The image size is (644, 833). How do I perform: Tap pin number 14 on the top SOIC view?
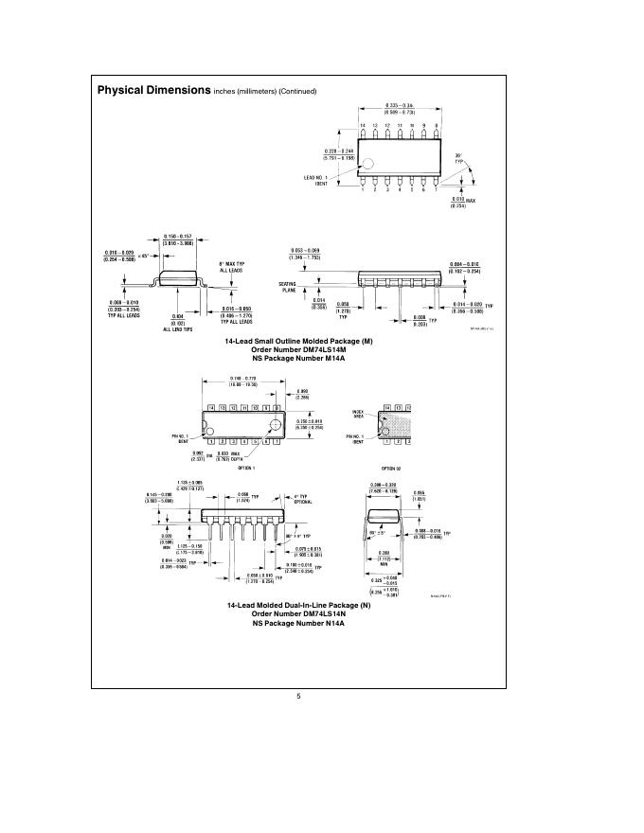362,126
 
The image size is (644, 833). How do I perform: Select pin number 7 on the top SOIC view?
436,189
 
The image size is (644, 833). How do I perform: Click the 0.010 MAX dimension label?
464,202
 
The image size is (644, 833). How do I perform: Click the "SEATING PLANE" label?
289,288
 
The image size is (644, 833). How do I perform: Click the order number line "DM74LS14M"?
298,350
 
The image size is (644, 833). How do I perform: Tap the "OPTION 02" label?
391,468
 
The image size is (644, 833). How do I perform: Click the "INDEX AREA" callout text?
358,414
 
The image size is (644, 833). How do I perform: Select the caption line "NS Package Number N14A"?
298,623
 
